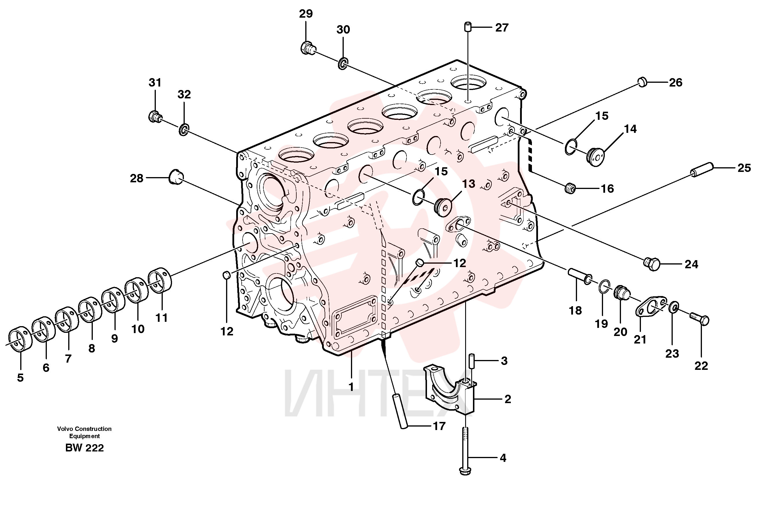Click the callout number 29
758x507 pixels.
click(x=306, y=14)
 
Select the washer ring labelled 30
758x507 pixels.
click(x=343, y=64)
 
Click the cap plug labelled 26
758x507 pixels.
click(x=642, y=82)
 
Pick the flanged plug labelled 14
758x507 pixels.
click(x=595, y=157)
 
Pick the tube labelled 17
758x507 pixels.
click(x=400, y=411)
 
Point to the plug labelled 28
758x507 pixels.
click(x=176, y=177)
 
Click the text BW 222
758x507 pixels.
click(x=85, y=448)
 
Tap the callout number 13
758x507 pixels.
click(x=469, y=184)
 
